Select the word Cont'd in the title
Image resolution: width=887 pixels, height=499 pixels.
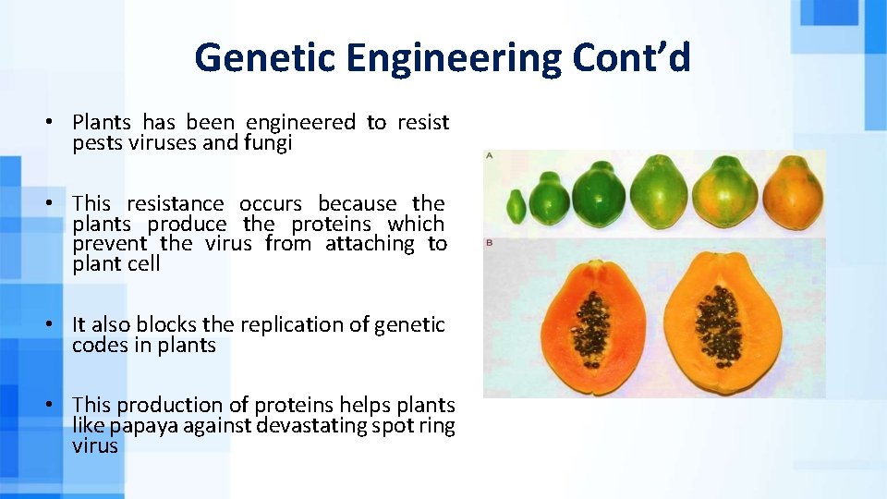(x=631, y=58)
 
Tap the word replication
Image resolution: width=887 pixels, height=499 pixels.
(x=292, y=325)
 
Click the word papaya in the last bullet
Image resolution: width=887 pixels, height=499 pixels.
(x=140, y=425)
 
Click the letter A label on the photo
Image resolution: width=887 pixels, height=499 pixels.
(x=490, y=156)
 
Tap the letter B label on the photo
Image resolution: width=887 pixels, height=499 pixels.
(x=490, y=242)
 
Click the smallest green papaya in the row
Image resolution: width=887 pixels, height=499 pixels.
(x=517, y=206)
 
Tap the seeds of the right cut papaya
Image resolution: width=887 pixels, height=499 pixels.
(x=718, y=324)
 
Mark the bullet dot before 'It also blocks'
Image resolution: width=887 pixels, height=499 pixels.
(x=58, y=325)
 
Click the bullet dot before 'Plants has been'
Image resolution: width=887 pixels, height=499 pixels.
(x=58, y=122)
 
